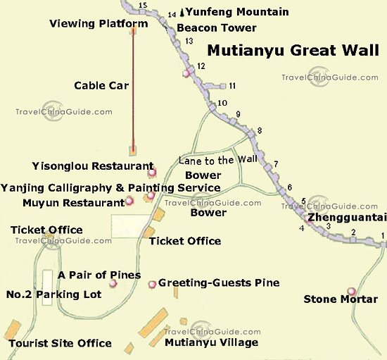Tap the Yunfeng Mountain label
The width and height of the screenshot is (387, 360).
point(229,12)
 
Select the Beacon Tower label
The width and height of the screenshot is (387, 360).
point(217,28)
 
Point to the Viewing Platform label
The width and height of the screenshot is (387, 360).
point(99,23)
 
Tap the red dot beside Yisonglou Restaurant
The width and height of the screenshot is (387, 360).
point(151,173)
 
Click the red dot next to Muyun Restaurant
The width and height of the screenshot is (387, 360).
point(129,202)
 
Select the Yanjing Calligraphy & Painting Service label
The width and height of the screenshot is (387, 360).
point(110,187)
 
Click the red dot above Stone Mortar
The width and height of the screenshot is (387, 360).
point(351,291)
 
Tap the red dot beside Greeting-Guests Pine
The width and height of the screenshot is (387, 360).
point(152,284)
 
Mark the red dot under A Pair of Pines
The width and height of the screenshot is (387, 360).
point(113,284)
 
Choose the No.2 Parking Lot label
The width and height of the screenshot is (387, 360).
point(53,294)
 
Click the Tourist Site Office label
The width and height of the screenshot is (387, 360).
point(60,343)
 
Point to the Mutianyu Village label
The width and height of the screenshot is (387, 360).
point(211,342)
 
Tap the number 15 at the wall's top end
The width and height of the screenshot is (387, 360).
point(144,6)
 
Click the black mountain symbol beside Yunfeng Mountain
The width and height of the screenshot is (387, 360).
point(182,12)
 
